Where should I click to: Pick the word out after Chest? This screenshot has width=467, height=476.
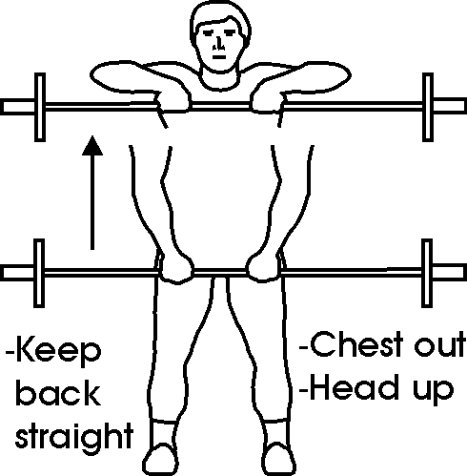point(439,345)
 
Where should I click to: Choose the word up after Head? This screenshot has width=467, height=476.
point(434,391)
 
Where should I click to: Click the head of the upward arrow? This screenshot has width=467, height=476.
point(92,146)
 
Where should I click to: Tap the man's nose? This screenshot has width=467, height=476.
point(218,44)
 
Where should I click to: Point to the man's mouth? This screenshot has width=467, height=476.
point(219,57)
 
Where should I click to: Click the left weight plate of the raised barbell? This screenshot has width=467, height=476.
point(40,107)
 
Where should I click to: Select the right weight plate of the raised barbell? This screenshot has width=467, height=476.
point(428,107)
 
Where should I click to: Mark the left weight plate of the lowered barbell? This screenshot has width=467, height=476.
point(39,273)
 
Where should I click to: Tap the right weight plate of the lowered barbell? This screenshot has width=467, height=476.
point(427,273)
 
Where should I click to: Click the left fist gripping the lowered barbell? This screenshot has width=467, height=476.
point(176,267)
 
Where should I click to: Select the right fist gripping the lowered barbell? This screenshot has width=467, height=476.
point(263,267)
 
